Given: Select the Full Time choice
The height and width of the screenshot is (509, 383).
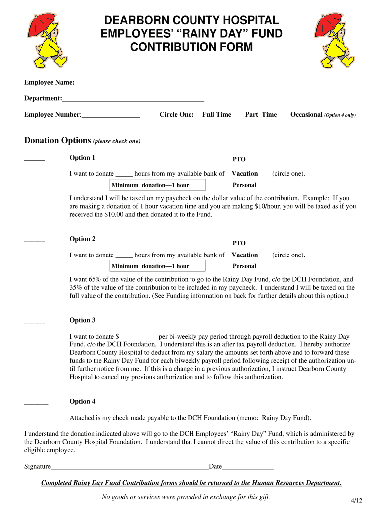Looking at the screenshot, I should click(x=217, y=115).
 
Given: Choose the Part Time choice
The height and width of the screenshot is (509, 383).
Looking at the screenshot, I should click(x=261, y=115).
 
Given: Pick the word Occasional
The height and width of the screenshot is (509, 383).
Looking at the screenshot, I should click(x=306, y=115).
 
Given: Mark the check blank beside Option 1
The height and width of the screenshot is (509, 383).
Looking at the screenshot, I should click(x=34, y=160).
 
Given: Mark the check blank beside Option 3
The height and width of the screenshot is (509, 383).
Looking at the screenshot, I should click(x=34, y=322).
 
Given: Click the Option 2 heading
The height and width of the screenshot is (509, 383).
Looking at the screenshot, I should click(x=82, y=239).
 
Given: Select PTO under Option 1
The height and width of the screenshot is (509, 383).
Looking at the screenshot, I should click(x=239, y=160).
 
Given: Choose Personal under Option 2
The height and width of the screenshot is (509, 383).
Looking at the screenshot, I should click(x=244, y=266).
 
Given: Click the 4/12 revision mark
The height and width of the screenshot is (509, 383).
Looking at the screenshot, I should click(x=350, y=500).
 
